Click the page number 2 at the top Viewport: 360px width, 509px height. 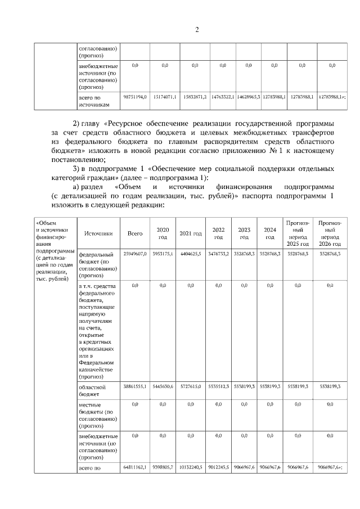coord(197,30)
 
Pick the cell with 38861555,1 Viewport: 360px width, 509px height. coord(135,388)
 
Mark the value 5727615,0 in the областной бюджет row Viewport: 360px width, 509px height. coord(191,388)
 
